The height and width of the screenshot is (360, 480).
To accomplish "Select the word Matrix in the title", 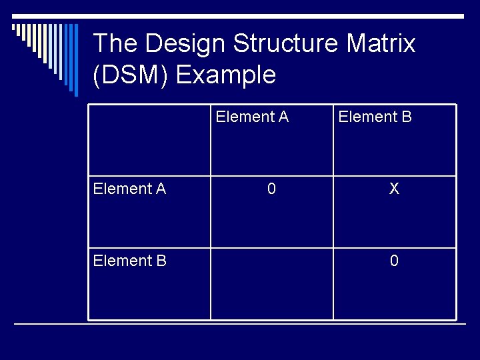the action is pyautogui.click(x=382, y=44).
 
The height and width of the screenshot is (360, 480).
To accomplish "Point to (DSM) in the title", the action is pyautogui.click(x=131, y=75).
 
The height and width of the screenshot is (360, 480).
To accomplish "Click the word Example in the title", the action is pyautogui.click(x=226, y=75).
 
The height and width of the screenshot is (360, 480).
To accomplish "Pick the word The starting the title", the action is pyautogui.click(x=115, y=44).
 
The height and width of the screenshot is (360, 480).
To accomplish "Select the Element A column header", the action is pyautogui.click(x=252, y=117).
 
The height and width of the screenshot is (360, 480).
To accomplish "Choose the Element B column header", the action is pyautogui.click(x=375, y=117).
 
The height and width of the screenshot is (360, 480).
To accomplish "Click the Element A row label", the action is pyautogui.click(x=129, y=189).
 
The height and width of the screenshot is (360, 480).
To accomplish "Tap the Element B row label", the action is pyautogui.click(x=129, y=261).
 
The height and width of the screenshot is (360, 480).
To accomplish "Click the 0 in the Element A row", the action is pyautogui.click(x=271, y=189).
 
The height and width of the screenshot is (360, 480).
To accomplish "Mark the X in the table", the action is pyautogui.click(x=394, y=189).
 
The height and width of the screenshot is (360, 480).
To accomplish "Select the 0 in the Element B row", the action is pyautogui.click(x=394, y=261).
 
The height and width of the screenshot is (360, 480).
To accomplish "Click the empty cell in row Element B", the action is pyautogui.click(x=271, y=283).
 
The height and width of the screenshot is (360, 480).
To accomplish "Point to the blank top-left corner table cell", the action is pyautogui.click(x=150, y=140).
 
